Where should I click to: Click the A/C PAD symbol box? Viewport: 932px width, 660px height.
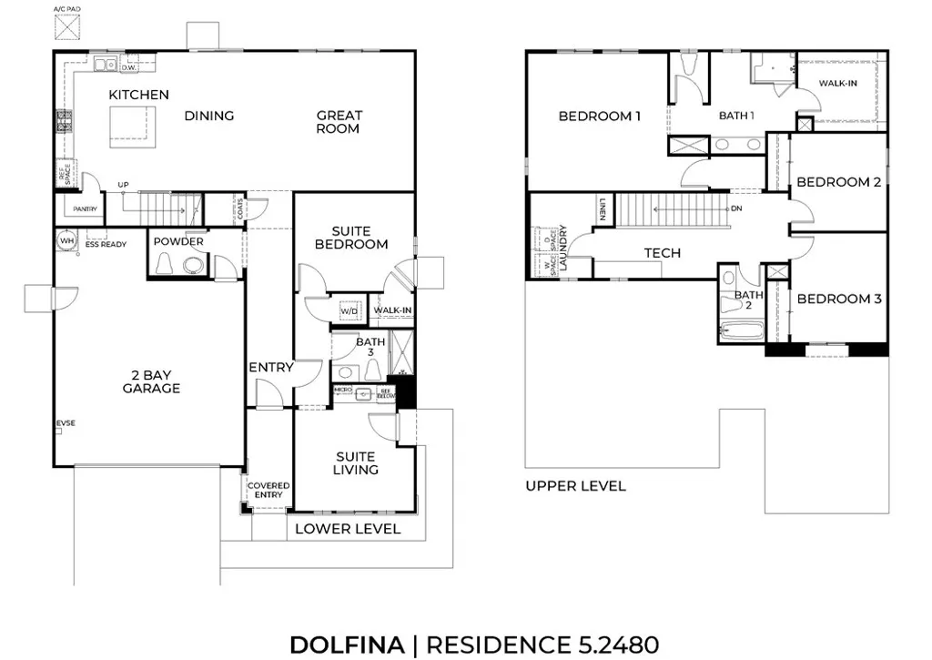66,27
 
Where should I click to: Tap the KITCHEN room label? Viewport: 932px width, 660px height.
138,95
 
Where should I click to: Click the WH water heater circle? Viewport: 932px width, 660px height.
66,240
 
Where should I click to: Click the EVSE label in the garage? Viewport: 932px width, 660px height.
66,424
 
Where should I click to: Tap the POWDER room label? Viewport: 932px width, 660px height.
177,242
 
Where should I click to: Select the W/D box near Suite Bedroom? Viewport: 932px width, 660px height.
349,311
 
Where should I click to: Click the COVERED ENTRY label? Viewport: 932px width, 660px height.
268,491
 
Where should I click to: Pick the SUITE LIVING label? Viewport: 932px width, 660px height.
355,462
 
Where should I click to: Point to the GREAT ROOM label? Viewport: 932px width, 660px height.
339,122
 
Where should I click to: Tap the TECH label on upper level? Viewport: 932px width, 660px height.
662,253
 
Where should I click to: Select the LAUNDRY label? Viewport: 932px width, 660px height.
564,249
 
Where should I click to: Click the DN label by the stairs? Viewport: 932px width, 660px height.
737,208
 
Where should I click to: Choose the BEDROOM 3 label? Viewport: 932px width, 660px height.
839,299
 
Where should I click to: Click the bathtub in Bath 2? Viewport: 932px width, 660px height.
741,331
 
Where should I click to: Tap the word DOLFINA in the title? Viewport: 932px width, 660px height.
346,645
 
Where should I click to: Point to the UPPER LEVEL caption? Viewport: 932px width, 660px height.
575,486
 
